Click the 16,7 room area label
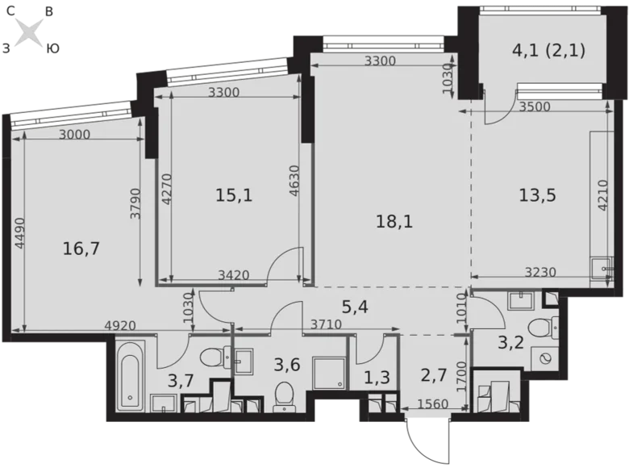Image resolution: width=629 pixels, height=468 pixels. click(x=81, y=249)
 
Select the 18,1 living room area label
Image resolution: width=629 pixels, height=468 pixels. click(x=394, y=220)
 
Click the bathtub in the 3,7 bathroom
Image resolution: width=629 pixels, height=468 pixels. click(x=129, y=374)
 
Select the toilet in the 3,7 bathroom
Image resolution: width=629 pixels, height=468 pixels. click(x=212, y=357)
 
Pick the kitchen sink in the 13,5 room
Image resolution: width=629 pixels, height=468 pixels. click(x=601, y=268)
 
